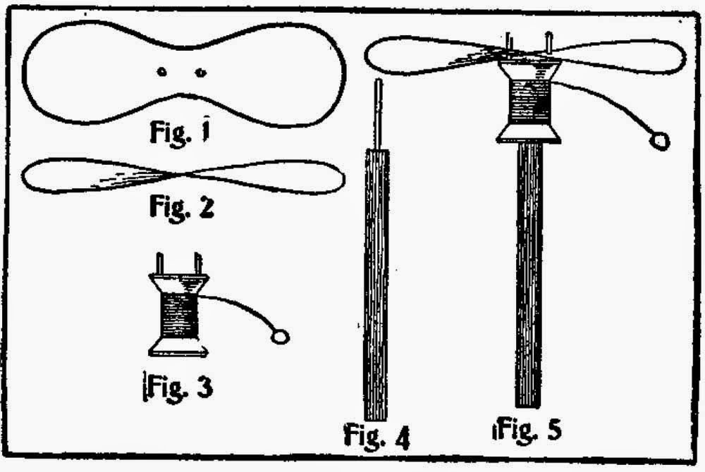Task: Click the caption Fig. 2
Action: click(182, 208)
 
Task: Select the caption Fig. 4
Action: click(376, 435)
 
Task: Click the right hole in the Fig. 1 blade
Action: click(200, 71)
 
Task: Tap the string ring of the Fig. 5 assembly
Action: click(661, 142)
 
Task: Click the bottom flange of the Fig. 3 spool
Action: click(178, 347)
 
